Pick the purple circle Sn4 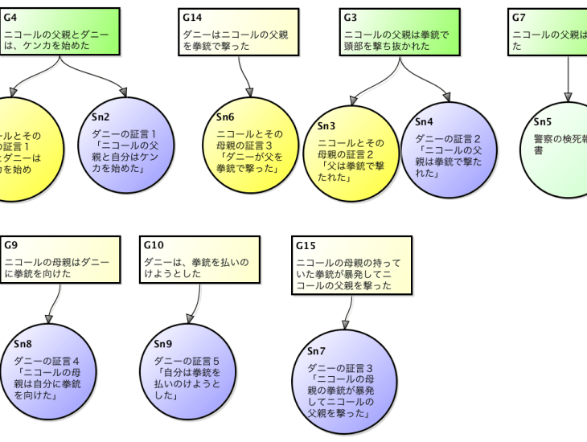click(x=449, y=149)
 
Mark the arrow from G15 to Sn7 click(x=347, y=314)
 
